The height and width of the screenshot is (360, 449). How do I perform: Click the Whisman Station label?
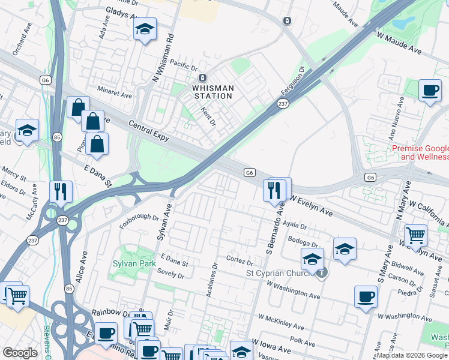pos(212,92)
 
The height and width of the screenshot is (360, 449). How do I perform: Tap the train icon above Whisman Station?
pos(203,78)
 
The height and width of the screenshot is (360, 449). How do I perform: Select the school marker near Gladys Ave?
pos(145,30)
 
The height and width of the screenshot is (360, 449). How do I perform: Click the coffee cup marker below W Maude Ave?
pos(430,91)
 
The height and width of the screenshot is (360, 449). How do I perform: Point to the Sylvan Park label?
pos(134,264)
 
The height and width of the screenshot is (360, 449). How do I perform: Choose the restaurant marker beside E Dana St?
pos(61,192)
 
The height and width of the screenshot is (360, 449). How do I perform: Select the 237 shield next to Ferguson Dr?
pos(283,104)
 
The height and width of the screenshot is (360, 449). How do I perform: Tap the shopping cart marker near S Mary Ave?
pos(415,236)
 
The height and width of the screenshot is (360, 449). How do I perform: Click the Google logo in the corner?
pos(20,353)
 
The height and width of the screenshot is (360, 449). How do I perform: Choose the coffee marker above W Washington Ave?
pos(366,297)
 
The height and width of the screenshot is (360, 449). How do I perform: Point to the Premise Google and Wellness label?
pos(420,152)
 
